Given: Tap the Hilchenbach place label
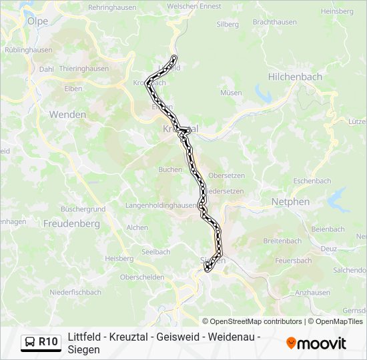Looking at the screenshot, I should (x=295, y=77).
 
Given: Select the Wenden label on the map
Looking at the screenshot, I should (x=67, y=115).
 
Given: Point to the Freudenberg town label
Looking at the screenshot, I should (x=71, y=224).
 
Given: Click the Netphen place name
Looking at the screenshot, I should (x=290, y=201).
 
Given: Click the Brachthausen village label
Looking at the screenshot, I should (x=275, y=21).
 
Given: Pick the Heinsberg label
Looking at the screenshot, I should (x=337, y=11).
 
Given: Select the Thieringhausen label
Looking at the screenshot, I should (x=84, y=68).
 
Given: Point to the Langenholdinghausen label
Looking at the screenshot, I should (x=162, y=206).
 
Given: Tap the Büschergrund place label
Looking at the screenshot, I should (x=83, y=209).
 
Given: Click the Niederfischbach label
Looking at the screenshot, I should (x=75, y=292).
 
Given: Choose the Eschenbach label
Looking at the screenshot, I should (x=312, y=181).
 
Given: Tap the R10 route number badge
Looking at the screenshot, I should (x=48, y=342).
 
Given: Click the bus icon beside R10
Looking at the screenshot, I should (x=31, y=342).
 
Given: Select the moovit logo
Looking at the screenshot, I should (x=316, y=343).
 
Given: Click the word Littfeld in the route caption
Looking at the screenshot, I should (x=85, y=337).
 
